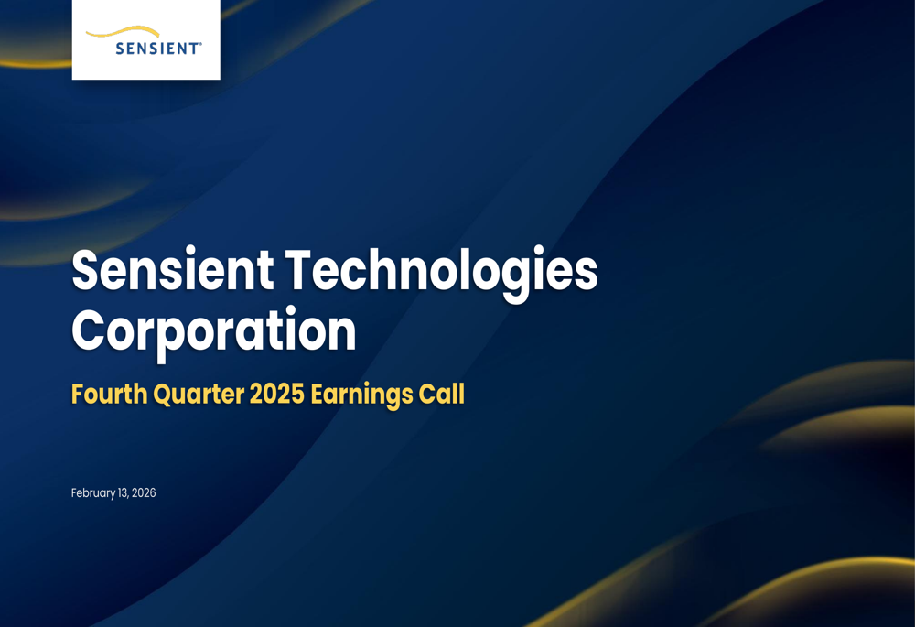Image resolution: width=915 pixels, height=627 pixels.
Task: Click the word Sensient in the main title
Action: (172, 272)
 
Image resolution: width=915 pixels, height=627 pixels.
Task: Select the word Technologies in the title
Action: (442, 272)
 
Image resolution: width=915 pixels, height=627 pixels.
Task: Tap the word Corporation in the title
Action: (213, 331)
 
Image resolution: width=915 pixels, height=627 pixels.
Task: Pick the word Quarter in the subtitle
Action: (195, 395)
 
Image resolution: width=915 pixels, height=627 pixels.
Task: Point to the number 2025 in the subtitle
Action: (274, 395)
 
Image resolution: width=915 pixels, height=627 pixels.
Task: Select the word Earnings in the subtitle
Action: (361, 395)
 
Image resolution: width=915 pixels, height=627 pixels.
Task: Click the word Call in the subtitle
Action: (442, 395)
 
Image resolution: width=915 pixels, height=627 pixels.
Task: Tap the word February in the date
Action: (93, 493)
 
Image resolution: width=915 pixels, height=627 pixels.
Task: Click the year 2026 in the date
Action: (144, 493)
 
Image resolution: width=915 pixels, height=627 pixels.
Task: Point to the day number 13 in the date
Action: (123, 493)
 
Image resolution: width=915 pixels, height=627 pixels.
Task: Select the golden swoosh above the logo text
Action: (124, 33)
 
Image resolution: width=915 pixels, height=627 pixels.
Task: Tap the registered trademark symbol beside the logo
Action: (201, 43)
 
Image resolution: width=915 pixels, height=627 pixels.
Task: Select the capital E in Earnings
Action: (317, 395)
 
